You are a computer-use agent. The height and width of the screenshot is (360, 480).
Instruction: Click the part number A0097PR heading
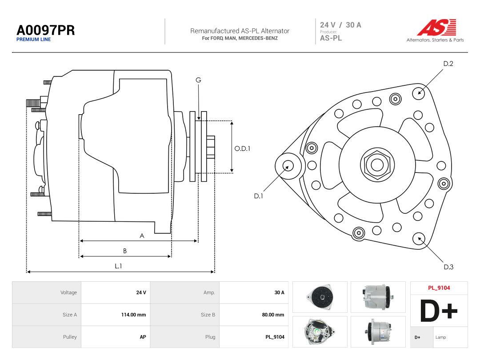pos(46,30)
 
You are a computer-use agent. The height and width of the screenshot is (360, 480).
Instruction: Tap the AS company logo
pos(436,27)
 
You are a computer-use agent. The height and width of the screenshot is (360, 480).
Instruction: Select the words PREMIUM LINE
pos(33,40)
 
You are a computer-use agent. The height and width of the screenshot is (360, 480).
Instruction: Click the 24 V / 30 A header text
pos(340,25)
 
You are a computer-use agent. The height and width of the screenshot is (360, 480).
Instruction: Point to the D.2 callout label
pos(448,64)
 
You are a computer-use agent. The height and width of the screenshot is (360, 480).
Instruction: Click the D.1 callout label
pos(258,196)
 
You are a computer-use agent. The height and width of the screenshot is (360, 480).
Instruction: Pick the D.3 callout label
pos(448,267)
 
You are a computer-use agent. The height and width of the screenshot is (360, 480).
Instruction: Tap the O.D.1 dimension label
pos(242,148)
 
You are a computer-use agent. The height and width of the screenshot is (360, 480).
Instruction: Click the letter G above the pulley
pos(198,80)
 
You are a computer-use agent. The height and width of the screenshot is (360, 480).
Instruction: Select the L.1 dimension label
pos(119,266)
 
